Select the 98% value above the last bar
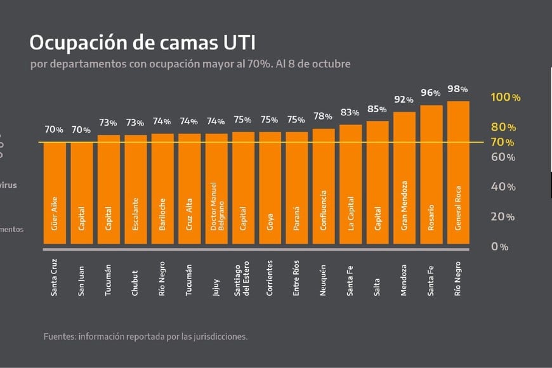pyautogui.click(x=458, y=89)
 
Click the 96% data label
pyautogui.click(x=431, y=93)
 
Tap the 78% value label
pyautogui.click(x=323, y=116)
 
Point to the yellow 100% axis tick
pyautogui.click(x=506, y=97)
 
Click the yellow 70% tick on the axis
pyautogui.click(x=503, y=142)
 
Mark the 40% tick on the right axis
pyautogui.click(x=503, y=187)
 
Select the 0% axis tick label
pyautogui.click(x=499, y=246)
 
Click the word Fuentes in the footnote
pyautogui.click(x=59, y=336)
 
